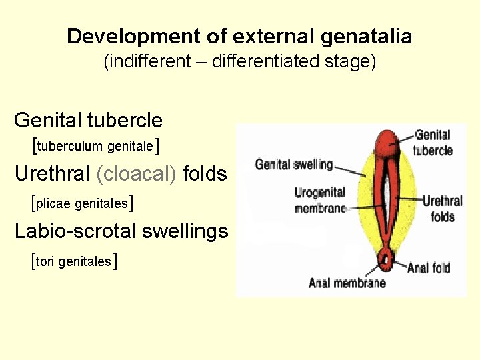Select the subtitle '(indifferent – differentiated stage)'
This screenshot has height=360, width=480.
pyautogui.click(x=240, y=62)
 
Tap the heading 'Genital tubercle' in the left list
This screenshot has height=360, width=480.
pyautogui.click(x=88, y=121)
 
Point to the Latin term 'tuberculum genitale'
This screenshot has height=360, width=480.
pyautogui.click(x=95, y=145)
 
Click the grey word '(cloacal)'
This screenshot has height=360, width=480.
pyautogui.click(x=137, y=174)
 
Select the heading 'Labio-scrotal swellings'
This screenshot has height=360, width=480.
pyautogui.click(x=121, y=231)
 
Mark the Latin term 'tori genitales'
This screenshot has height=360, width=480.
pyautogui.click(x=74, y=261)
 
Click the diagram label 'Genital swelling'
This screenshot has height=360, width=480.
pyautogui.click(x=294, y=164)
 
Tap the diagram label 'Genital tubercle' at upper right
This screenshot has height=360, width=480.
pyautogui.click(x=433, y=143)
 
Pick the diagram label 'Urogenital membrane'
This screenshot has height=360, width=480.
pyautogui.click(x=320, y=200)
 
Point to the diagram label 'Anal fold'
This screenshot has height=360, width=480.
pyautogui.click(x=429, y=268)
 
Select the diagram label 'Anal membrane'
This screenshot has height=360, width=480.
pyautogui.click(x=347, y=283)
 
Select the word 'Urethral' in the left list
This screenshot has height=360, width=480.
pyautogui.click(x=52, y=174)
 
